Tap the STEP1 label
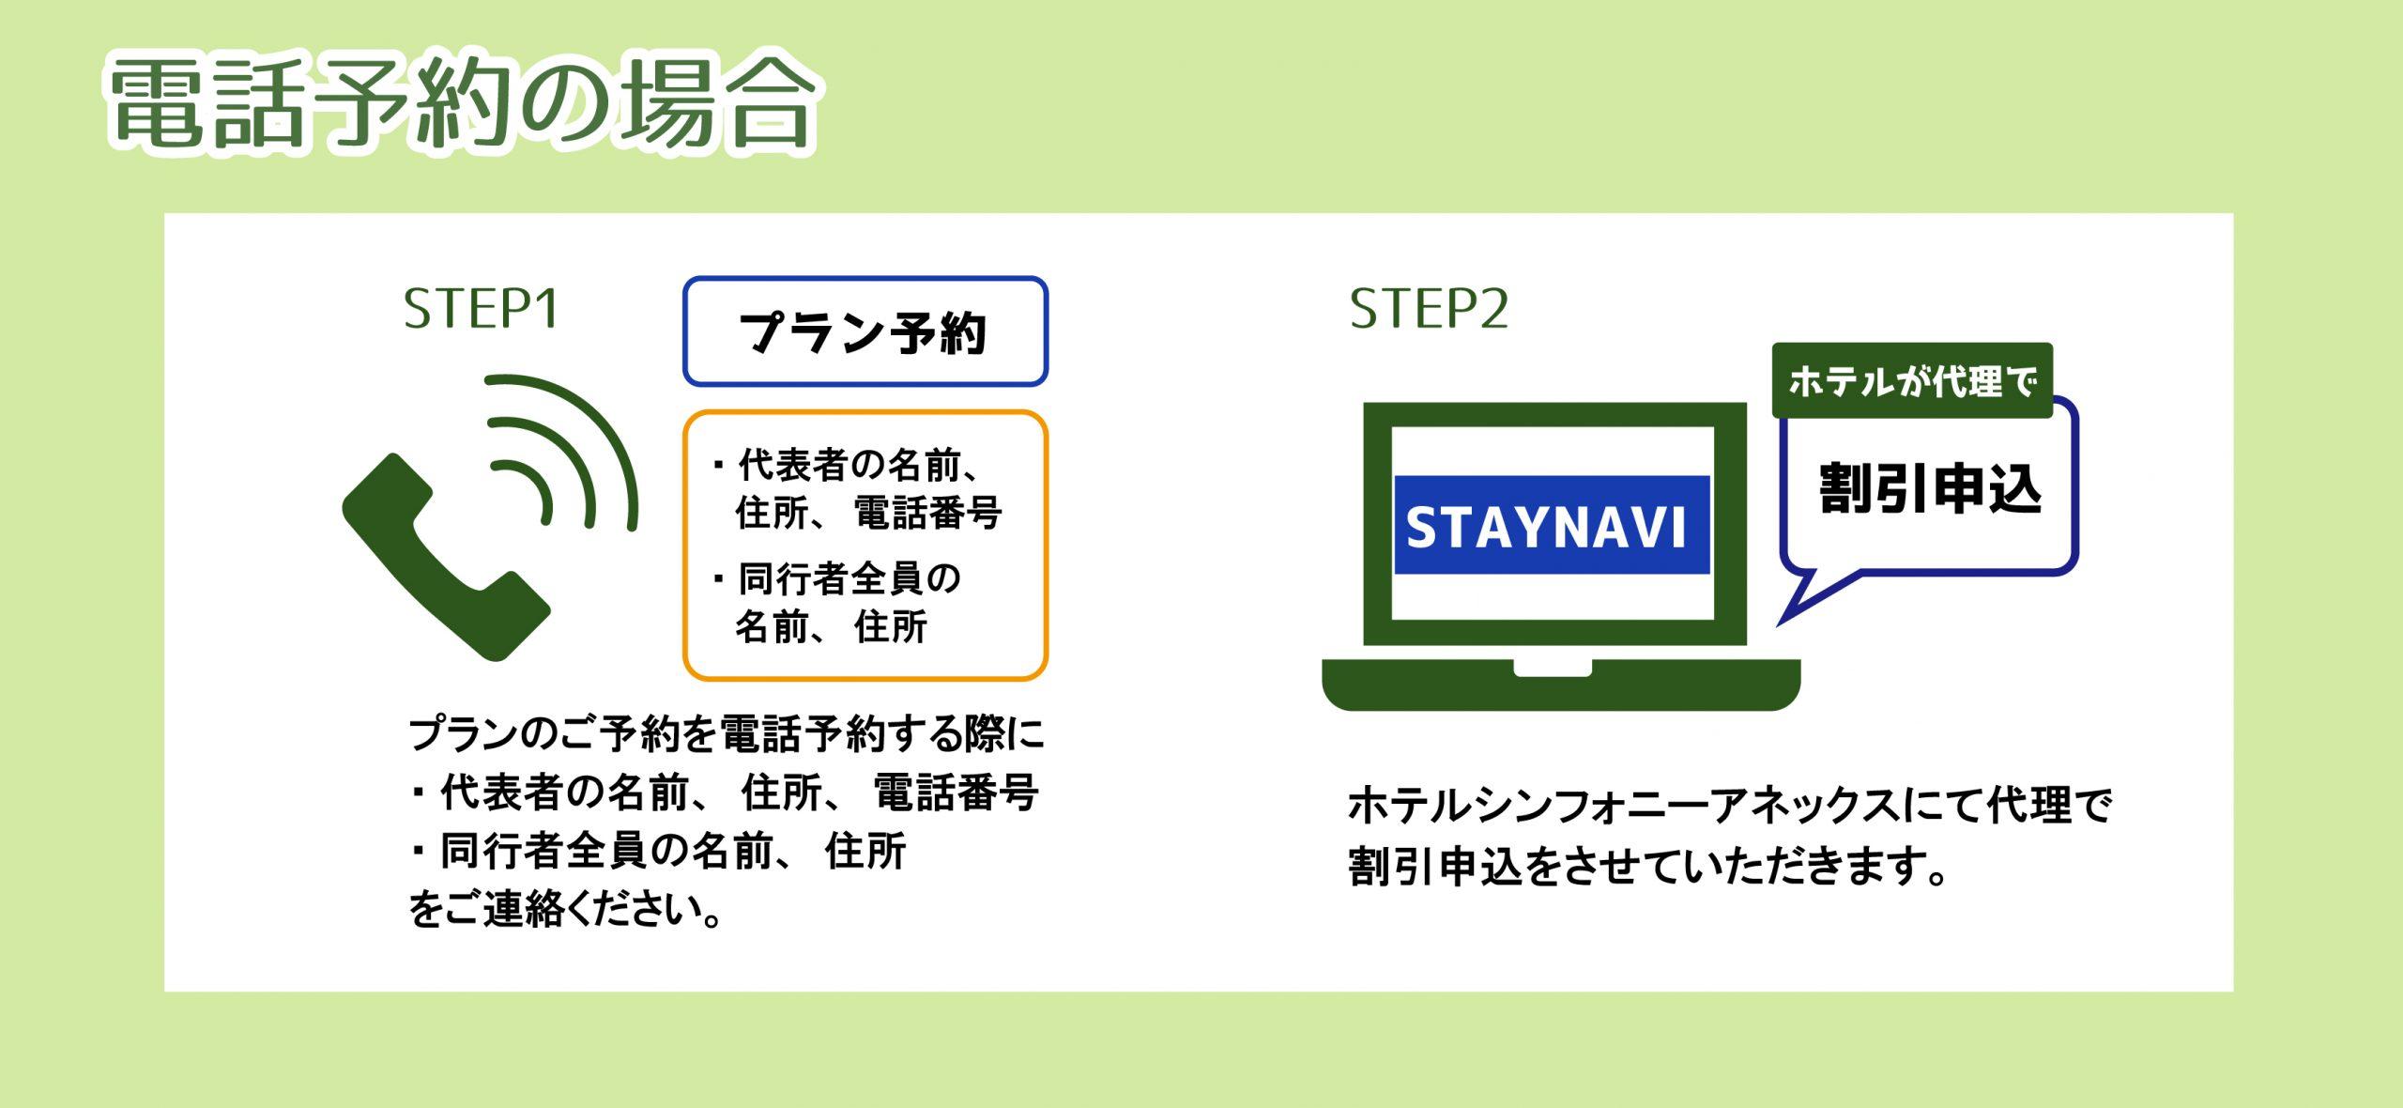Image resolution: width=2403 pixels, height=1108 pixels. (x=482, y=309)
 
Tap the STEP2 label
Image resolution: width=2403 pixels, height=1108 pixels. (x=1429, y=309)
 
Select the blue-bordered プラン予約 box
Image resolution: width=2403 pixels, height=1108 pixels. (x=865, y=331)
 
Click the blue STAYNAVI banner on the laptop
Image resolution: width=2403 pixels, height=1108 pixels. (x=1552, y=525)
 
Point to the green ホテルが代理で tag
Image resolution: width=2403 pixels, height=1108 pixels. (x=1912, y=380)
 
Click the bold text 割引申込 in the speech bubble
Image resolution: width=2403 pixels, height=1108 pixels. (x=1931, y=488)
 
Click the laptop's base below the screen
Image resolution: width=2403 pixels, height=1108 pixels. (x=1561, y=685)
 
